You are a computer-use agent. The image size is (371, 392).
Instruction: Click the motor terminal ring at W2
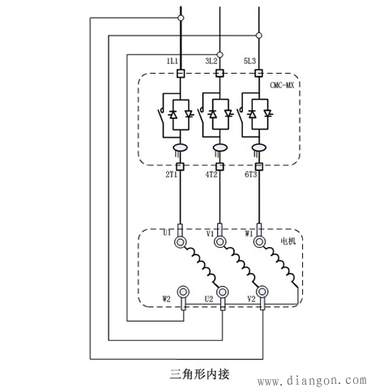(x=183, y=292)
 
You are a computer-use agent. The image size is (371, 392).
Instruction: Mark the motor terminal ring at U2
(x=221, y=292)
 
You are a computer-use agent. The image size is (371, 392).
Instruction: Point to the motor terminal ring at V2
(x=262, y=292)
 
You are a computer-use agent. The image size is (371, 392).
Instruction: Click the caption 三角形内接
(x=200, y=374)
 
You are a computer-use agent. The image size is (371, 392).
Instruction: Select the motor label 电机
(x=288, y=241)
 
